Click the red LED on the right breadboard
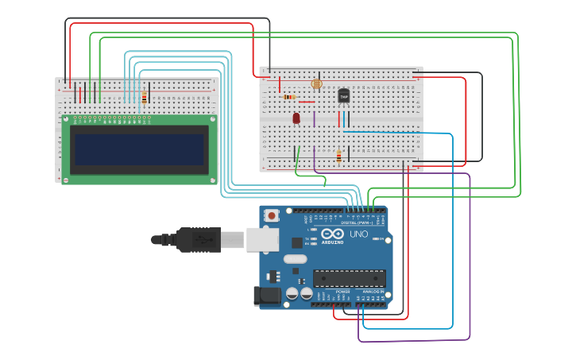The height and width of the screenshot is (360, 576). [296, 118]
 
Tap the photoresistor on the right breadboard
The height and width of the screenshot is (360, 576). [316, 83]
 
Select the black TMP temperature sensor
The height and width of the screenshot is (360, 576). [343, 95]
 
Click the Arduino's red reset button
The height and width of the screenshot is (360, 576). [272, 215]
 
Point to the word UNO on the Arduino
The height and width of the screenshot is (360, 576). [358, 235]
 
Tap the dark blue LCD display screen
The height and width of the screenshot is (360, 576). [139, 149]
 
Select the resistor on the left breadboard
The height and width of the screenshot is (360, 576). [144, 97]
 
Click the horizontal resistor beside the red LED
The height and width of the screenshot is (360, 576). [289, 97]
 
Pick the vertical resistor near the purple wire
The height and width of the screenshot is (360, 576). [338, 155]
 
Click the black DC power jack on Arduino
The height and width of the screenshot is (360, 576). [266, 296]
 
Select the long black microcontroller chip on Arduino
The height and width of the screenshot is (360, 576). [349, 278]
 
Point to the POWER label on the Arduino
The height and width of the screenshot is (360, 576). [342, 292]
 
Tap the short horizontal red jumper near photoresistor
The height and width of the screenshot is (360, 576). [307, 102]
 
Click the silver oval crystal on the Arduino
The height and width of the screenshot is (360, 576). [295, 258]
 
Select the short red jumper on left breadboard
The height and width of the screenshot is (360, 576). [79, 95]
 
